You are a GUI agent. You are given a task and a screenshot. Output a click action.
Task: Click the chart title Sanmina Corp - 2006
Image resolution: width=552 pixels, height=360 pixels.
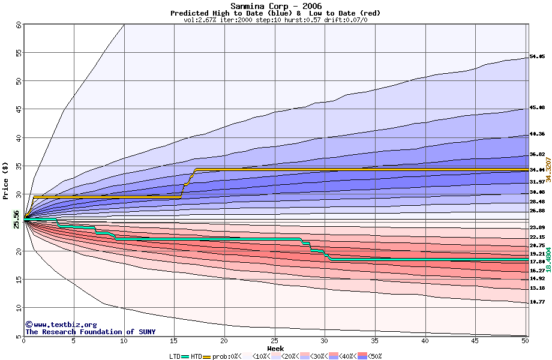(276, 6)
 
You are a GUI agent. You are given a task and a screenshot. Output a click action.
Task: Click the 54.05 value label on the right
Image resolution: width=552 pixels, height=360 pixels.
(537, 57)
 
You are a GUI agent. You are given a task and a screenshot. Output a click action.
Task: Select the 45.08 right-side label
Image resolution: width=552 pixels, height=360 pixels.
(537, 108)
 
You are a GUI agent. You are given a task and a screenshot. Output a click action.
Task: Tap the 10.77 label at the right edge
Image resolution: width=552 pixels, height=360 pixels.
(537, 302)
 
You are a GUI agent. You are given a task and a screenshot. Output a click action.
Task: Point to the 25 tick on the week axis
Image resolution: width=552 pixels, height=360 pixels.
(274, 341)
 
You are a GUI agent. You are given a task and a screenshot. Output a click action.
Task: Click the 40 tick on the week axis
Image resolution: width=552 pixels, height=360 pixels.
(425, 341)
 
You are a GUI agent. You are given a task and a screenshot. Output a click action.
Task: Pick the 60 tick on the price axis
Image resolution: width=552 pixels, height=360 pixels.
(19, 25)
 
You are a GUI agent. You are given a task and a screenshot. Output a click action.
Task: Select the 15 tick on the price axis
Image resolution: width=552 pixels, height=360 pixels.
(19, 280)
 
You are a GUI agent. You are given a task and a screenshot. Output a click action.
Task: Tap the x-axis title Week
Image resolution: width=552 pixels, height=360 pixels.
(276, 348)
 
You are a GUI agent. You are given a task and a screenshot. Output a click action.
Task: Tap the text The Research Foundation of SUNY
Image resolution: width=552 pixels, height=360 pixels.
(90, 332)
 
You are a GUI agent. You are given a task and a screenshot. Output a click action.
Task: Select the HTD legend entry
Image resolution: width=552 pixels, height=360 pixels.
(196, 356)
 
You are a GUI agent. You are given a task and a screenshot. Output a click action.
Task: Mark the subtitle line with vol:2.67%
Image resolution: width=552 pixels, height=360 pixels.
(275, 20)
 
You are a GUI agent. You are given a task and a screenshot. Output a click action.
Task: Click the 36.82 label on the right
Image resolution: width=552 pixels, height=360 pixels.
(537, 154)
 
